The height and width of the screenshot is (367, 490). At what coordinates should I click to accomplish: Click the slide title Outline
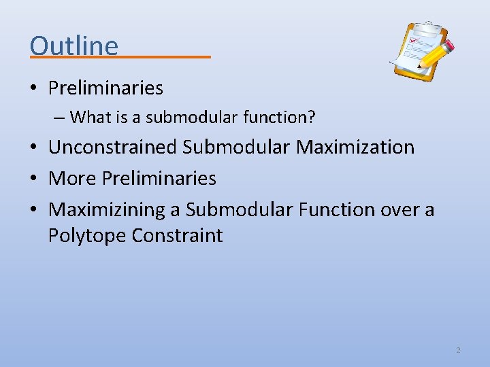click(x=74, y=46)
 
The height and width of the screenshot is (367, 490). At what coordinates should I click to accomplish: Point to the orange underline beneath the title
click(x=120, y=57)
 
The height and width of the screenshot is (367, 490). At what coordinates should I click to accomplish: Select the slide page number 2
click(x=458, y=350)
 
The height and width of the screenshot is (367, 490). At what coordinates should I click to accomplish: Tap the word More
click(x=72, y=178)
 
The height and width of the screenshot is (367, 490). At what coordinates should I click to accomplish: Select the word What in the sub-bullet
click(x=86, y=118)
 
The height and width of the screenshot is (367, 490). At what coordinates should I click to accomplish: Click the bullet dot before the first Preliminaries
click(x=34, y=88)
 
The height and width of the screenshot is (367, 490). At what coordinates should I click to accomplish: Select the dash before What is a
click(x=58, y=118)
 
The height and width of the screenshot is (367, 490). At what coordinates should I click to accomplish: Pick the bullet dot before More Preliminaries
click(x=34, y=179)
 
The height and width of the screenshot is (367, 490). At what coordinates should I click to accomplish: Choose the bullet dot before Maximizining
click(x=34, y=210)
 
